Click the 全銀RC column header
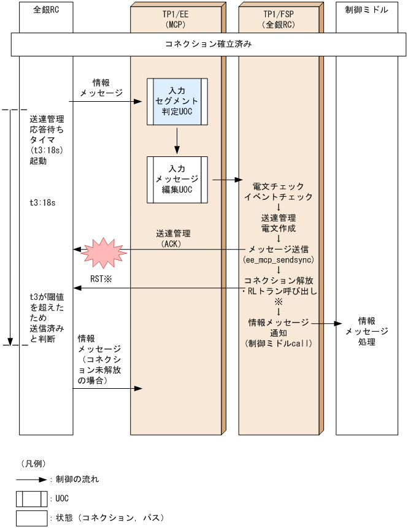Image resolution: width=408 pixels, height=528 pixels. (47, 10)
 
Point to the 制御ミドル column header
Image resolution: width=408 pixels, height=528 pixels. (366, 10)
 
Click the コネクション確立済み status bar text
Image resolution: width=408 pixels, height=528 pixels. (209, 44)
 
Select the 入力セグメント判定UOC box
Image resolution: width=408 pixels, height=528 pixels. (177, 101)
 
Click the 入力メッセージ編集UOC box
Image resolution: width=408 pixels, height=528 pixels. (177, 179)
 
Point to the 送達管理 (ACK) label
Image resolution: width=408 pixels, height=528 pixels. (173, 239)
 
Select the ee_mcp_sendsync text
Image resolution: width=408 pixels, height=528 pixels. (279, 260)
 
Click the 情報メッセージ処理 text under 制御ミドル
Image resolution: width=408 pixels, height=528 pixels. (366, 331)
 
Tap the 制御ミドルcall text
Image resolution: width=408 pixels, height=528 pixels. (279, 343)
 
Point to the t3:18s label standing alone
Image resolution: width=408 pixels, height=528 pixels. (42, 202)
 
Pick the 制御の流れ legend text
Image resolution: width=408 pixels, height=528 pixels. (77, 478)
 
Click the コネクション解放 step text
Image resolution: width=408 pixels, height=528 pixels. (279, 280)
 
